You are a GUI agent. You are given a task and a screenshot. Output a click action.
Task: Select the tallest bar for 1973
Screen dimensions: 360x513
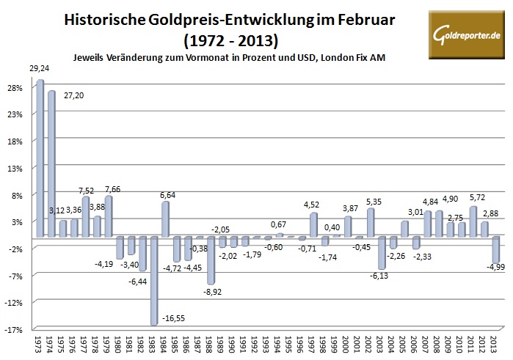(x=40, y=158)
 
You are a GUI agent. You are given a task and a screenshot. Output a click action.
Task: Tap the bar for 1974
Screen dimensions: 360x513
(x=51, y=164)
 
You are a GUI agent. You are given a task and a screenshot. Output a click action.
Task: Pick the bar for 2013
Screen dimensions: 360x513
(x=495, y=249)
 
